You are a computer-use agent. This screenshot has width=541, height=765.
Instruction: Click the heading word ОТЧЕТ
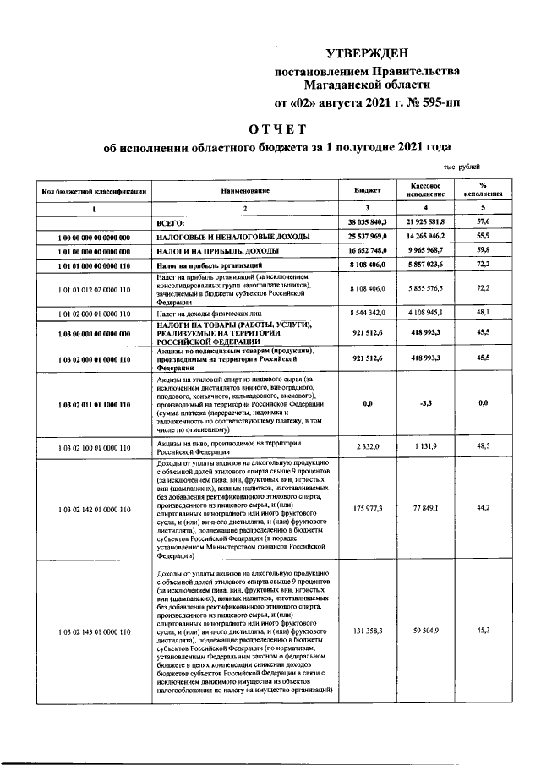point(275,129)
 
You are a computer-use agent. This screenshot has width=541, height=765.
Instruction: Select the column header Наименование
point(245,191)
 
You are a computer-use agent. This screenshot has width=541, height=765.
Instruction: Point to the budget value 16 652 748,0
point(367,251)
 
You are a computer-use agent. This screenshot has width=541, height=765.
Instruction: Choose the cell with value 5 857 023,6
point(426,265)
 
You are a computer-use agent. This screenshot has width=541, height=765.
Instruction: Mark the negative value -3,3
point(426,404)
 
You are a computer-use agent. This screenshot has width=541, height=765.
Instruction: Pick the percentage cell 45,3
point(484,631)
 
